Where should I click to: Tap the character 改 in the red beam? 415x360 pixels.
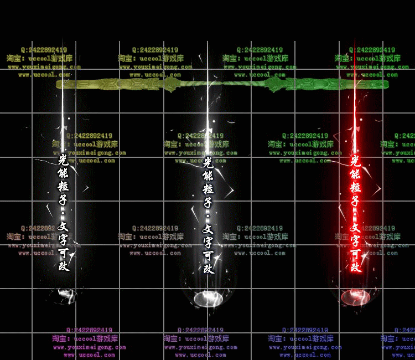[x=355, y=267]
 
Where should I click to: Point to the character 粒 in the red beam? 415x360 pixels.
[x=355, y=188]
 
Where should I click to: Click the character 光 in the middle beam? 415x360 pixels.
[x=208, y=162]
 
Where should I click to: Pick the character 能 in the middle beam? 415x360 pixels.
[x=208, y=176]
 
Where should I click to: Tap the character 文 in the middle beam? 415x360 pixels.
[x=208, y=228]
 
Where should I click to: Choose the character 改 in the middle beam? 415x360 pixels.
[x=208, y=268]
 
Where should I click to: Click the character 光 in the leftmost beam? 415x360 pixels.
[x=63, y=161]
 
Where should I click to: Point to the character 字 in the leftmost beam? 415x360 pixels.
[x=63, y=239]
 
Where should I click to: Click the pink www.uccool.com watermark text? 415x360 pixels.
[x=89, y=355]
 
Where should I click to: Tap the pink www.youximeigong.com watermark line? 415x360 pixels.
[x=89, y=347]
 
